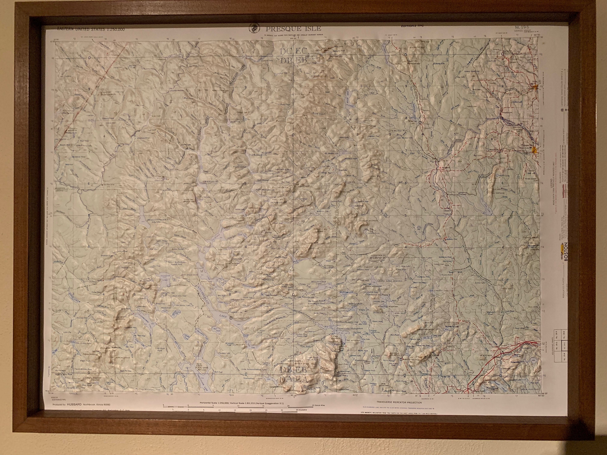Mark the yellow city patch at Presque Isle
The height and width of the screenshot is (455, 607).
pyautogui.click(x=534, y=150)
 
